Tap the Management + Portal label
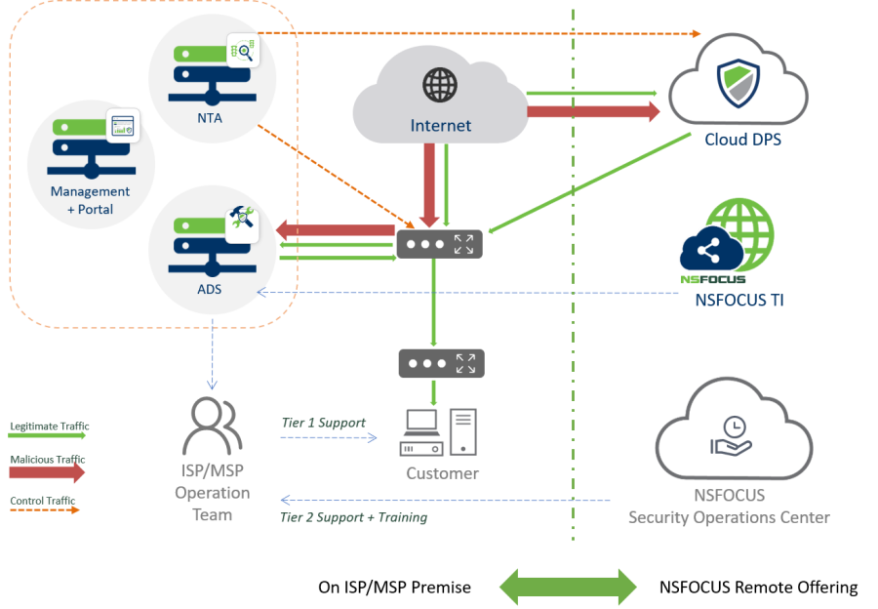(90, 200)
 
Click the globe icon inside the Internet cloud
(440, 84)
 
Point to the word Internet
(440, 125)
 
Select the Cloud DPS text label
(742, 140)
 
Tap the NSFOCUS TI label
(738, 301)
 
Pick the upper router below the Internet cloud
(439, 244)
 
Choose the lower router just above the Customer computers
(441, 364)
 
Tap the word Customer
(443, 473)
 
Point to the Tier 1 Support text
(323, 423)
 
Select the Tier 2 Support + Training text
(353, 517)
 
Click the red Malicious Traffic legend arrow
(48, 472)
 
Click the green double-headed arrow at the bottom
(568, 587)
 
